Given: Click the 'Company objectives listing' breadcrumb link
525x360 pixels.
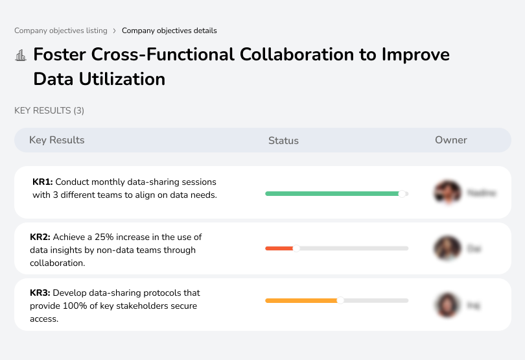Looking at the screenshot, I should tap(62, 30).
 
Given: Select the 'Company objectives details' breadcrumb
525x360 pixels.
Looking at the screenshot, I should tap(169, 30).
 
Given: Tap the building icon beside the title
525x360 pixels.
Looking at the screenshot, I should tap(21, 55).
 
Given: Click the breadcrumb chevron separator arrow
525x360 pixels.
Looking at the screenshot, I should tap(114, 30).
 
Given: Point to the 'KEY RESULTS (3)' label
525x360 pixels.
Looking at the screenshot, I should tap(49, 111).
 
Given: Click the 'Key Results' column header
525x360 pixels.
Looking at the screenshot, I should tap(57, 140).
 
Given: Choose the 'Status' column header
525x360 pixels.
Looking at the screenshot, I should tap(283, 140).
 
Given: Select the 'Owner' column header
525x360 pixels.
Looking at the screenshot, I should tap(451, 140).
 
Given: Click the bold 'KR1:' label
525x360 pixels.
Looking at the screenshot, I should tap(42, 182).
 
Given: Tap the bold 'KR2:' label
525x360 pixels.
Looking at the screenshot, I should tap(40, 237).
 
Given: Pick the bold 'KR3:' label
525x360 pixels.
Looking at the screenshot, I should tap(40, 293).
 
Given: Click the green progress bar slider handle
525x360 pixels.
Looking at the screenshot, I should tap(402, 193).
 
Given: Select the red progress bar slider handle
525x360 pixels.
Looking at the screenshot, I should tap(296, 248).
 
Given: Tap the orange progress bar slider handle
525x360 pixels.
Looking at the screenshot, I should tap(340, 300).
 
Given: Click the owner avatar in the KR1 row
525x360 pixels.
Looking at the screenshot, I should tap(447, 193).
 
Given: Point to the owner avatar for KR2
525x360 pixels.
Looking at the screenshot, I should tap(447, 248).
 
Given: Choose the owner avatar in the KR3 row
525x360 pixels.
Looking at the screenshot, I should tap(447, 304).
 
